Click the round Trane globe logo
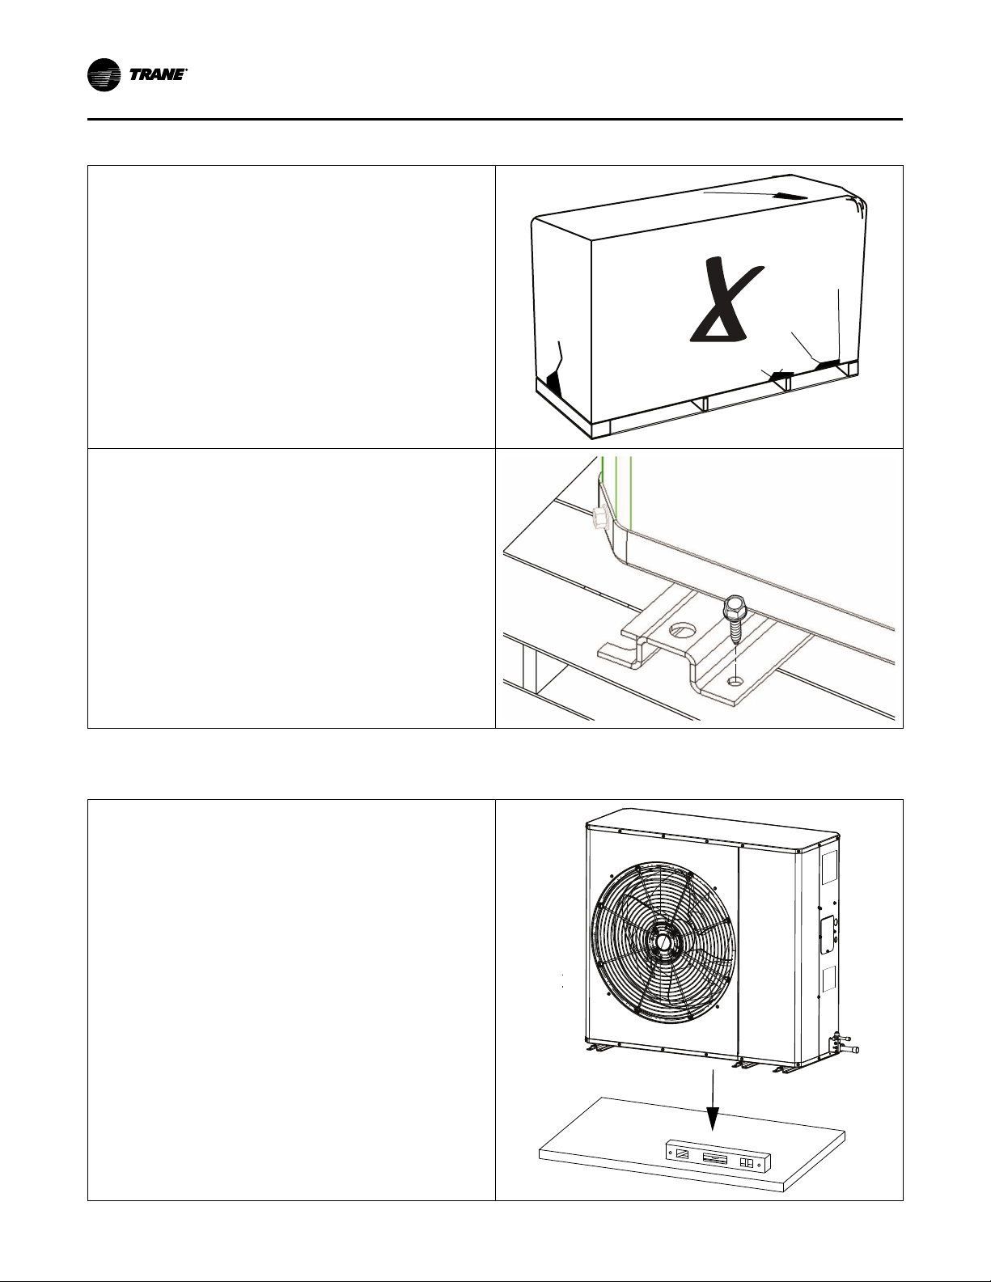[x=104, y=75]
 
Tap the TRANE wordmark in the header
[x=157, y=75]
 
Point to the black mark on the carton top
[x=790, y=196]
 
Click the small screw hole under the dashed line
[x=735, y=681]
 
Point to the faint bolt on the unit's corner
[x=598, y=518]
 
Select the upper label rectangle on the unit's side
[x=829, y=866]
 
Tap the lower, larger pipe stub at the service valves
[x=848, y=1050]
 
